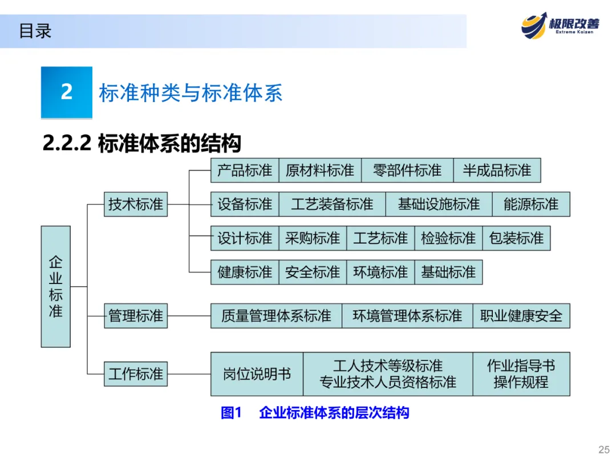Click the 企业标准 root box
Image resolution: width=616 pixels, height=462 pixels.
tap(55, 286)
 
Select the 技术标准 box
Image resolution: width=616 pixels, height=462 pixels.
tap(136, 204)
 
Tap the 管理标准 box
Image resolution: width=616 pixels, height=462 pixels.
tap(136, 315)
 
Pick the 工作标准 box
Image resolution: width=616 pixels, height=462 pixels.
tap(136, 374)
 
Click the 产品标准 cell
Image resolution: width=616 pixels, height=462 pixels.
tap(245, 171)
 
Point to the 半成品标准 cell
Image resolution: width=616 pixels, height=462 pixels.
tap(497, 171)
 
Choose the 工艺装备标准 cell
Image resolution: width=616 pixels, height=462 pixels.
tap(332, 204)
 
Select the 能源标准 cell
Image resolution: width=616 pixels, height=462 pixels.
tap(530, 204)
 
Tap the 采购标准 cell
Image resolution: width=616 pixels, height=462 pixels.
tap(313, 238)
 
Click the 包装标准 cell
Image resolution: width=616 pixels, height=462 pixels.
tap(516, 238)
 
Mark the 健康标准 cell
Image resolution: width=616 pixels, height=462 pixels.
tap(245, 272)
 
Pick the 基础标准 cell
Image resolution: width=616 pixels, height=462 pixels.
tap(448, 272)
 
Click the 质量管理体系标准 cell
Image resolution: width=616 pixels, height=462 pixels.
tap(276, 315)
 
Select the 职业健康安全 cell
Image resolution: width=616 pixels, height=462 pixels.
tap(521, 315)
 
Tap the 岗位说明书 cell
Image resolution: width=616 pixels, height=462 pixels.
tap(257, 374)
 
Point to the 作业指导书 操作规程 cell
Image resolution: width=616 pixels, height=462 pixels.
tap(521, 374)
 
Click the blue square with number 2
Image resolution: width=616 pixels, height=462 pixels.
tap(67, 92)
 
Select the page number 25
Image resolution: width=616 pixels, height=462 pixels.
tap(603, 448)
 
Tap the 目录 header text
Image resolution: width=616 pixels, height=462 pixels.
tap(35, 31)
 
